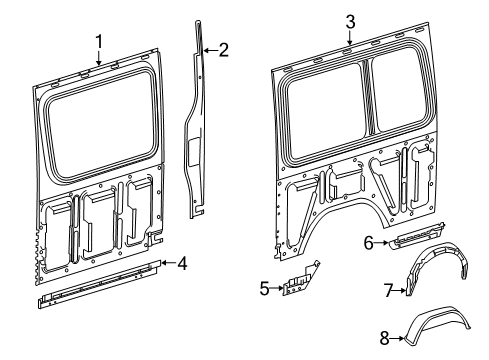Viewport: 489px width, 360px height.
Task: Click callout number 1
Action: [x=99, y=42]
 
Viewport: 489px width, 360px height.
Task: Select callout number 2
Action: [x=223, y=50]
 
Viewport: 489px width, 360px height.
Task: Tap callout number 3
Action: [x=350, y=22]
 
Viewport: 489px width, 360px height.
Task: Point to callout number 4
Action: [x=182, y=263]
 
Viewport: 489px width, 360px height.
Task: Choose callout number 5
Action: [x=264, y=288]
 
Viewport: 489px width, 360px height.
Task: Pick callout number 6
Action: [x=368, y=243]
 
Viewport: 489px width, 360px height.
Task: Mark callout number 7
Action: [x=388, y=290]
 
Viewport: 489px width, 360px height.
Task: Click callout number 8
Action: [x=384, y=339]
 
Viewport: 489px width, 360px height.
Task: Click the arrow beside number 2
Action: [x=210, y=51]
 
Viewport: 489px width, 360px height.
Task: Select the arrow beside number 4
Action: [x=168, y=263]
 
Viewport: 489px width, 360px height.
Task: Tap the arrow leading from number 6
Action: [x=381, y=243]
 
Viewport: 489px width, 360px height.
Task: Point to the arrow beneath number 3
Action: [x=350, y=38]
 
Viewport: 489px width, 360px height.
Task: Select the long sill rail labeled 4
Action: [x=100, y=284]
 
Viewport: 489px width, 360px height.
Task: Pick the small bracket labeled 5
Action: [x=301, y=279]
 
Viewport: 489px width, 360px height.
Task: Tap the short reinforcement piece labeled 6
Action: [x=417, y=236]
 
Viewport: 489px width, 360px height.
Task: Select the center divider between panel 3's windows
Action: [x=368, y=98]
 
